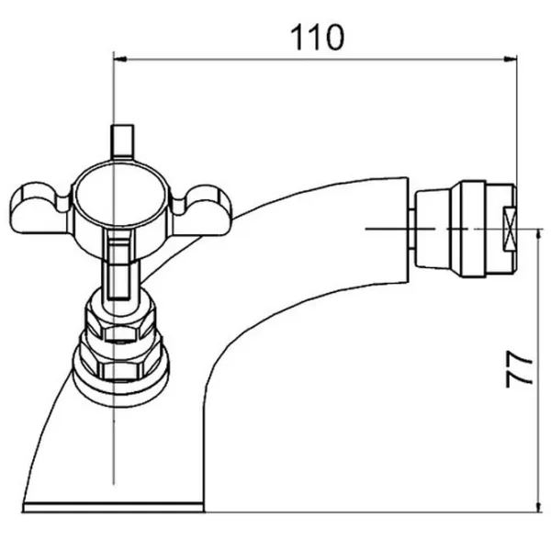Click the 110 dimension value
tap(318, 38)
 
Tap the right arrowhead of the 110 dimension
tap(511, 60)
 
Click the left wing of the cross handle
tap(39, 208)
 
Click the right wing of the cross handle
tap(202, 210)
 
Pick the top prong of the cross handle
tap(122, 142)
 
